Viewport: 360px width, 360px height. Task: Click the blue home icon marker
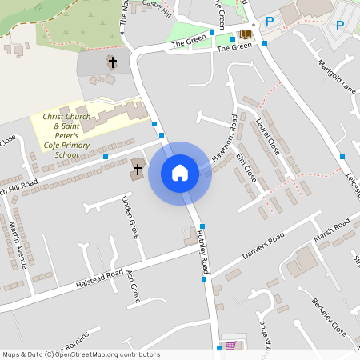tap(180, 173)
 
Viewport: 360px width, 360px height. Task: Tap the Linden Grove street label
tap(130, 217)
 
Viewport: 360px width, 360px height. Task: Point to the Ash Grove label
tap(133, 284)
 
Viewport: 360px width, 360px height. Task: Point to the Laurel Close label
tap(268, 137)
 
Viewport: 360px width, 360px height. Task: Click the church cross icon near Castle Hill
tap(113, 62)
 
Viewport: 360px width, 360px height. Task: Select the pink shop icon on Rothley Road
tap(231, 346)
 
